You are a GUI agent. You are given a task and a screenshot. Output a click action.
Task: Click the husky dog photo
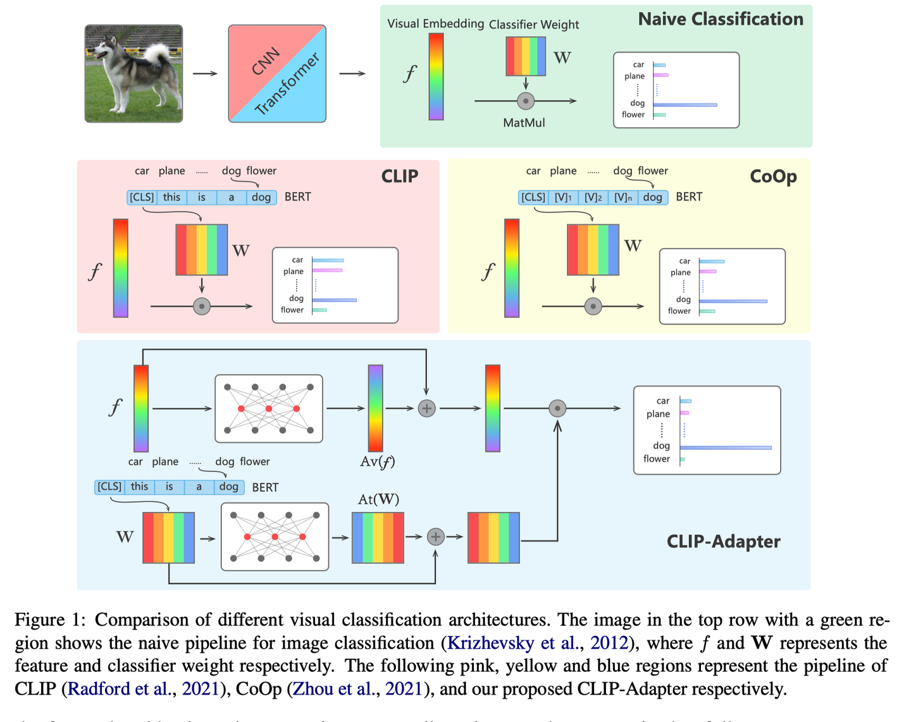[x=133, y=73]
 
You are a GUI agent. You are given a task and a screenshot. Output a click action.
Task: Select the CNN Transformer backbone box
[x=277, y=73]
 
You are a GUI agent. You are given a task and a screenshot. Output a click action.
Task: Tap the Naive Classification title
[x=720, y=19]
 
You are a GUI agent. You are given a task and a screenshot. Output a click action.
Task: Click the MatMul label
[x=524, y=123]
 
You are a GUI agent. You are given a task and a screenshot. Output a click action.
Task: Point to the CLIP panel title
[x=399, y=176]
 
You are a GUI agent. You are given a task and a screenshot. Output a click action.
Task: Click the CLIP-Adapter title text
[x=723, y=541]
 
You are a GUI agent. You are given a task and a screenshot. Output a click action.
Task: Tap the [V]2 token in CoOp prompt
[x=593, y=197]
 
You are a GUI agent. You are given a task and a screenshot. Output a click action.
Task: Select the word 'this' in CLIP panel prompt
[x=171, y=197]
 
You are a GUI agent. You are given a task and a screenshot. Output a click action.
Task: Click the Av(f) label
[x=377, y=461]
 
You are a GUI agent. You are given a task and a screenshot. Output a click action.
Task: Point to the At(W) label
[x=378, y=499]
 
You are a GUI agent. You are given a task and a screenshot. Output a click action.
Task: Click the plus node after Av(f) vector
[x=427, y=409]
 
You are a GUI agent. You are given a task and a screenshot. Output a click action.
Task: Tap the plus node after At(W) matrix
[x=435, y=537]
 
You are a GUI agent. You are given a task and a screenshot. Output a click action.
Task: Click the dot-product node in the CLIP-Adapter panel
[x=557, y=408]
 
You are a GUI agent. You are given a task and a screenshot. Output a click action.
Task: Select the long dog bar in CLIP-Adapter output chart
[x=726, y=447]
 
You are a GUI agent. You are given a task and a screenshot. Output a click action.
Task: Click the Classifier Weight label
[x=533, y=25]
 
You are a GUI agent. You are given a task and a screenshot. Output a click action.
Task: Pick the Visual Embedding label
[x=435, y=24]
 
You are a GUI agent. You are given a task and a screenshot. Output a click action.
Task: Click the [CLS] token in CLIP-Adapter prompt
[x=109, y=487]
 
